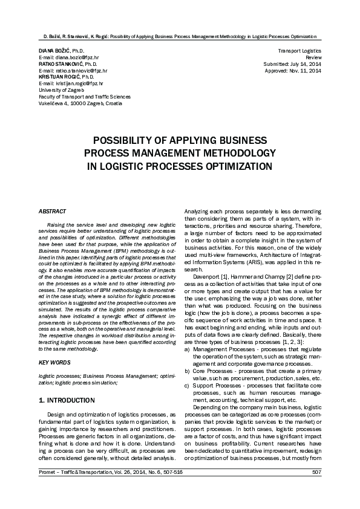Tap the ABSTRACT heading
pos(52,212)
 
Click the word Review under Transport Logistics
pos(314,57)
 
